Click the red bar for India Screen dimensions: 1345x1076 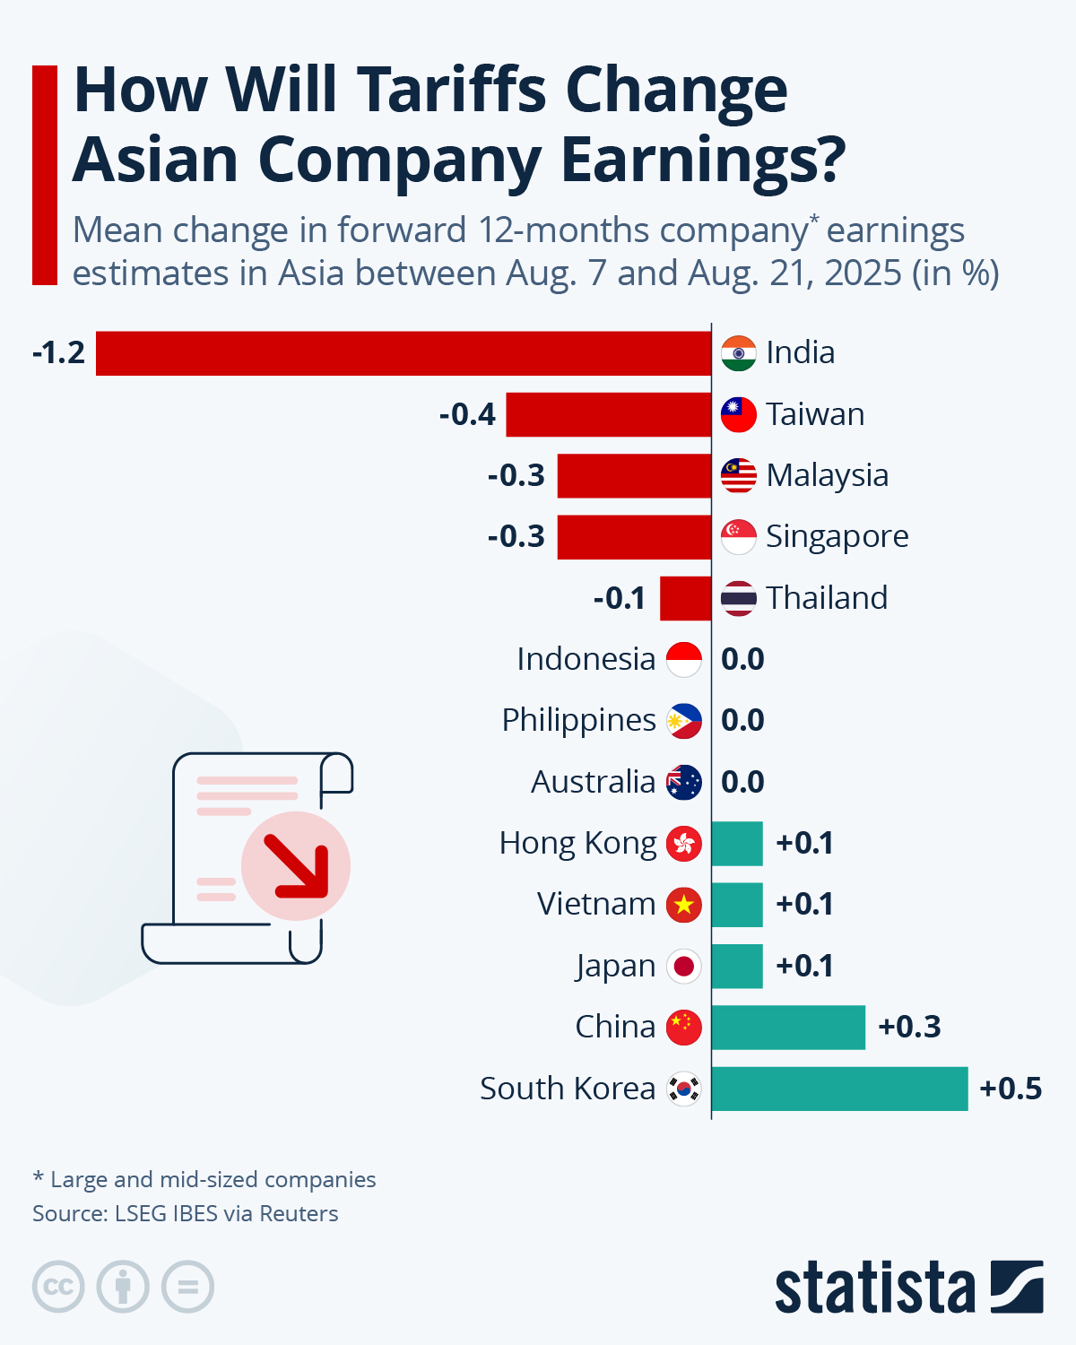click(403, 353)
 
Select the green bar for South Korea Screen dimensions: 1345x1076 click(839, 1089)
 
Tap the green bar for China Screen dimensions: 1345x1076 click(788, 1028)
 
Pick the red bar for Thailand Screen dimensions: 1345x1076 click(686, 598)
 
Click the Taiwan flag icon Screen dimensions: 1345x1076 click(739, 414)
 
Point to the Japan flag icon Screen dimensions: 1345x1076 click(684, 967)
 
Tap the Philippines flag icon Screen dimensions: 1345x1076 click(684, 721)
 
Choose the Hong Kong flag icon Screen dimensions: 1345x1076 click(684, 844)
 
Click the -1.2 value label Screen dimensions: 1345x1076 click(58, 353)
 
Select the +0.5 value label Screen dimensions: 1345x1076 click(1011, 1089)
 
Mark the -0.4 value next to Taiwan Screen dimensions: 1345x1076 click(467, 414)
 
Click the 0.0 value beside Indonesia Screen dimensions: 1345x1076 click(742, 660)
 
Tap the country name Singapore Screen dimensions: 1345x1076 click(837, 536)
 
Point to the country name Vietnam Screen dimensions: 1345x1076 click(596, 904)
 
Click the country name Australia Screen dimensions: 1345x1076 click(593, 782)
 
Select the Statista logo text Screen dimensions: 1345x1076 click(874, 1289)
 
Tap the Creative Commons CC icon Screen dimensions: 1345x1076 click(58, 1288)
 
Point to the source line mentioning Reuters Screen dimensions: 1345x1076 click(186, 1214)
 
